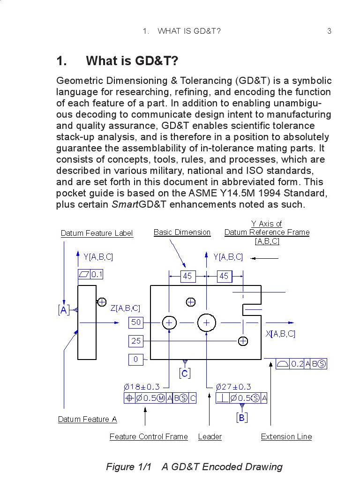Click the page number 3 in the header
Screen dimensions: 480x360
[x=329, y=31]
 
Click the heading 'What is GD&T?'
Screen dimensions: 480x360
[x=132, y=61]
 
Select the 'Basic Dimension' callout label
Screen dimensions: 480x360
[x=182, y=232]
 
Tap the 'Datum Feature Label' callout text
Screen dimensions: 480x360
[x=97, y=233]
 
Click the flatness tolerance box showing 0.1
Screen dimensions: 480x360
[x=91, y=274]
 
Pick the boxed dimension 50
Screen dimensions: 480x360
[x=136, y=322]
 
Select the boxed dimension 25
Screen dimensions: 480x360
[x=136, y=341]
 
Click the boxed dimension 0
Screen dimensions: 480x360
[x=136, y=360]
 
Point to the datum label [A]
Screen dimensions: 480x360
[x=63, y=310]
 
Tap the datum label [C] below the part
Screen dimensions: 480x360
[x=185, y=373]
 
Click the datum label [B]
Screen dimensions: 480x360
[x=242, y=417]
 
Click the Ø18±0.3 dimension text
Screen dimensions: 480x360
[x=142, y=387]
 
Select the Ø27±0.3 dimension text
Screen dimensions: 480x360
[x=233, y=387]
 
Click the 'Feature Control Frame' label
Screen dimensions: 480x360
[x=149, y=437]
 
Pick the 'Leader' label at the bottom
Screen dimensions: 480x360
[x=210, y=437]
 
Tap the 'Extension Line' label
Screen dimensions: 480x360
[x=286, y=437]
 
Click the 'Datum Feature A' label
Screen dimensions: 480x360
[x=87, y=420]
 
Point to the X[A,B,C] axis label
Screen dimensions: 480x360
[x=280, y=334]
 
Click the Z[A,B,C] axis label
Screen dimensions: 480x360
[x=125, y=308]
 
